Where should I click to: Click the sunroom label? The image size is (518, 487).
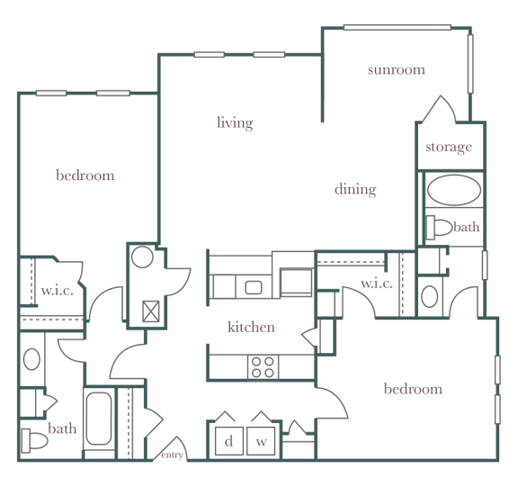[x=397, y=69]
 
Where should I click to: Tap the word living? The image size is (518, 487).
[x=235, y=123]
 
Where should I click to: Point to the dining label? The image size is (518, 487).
[x=355, y=189]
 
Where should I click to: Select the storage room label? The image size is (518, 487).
[x=449, y=147]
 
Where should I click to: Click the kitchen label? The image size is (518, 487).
[x=251, y=327]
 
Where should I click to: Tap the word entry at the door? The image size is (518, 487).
[x=172, y=455]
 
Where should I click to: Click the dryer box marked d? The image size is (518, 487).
[x=229, y=441]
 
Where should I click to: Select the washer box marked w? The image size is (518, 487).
[x=261, y=441]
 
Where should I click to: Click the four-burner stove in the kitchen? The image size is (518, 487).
[x=263, y=367]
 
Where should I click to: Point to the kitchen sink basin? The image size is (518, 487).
[x=254, y=287]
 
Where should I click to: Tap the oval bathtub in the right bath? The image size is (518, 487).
[x=454, y=190]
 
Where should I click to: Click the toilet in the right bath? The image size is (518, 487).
[x=439, y=227]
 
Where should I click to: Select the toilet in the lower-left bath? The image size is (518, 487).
[x=34, y=440]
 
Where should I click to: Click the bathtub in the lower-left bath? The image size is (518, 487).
[x=98, y=419]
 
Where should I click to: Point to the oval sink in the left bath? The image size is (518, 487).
[x=31, y=359]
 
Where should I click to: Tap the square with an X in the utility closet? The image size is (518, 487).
[x=151, y=311]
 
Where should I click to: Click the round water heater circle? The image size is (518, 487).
[x=142, y=257]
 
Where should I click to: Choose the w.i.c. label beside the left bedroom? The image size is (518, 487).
[x=57, y=291]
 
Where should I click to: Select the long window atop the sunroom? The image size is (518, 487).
[x=397, y=27]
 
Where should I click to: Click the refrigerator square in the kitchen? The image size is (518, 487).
[x=296, y=282]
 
